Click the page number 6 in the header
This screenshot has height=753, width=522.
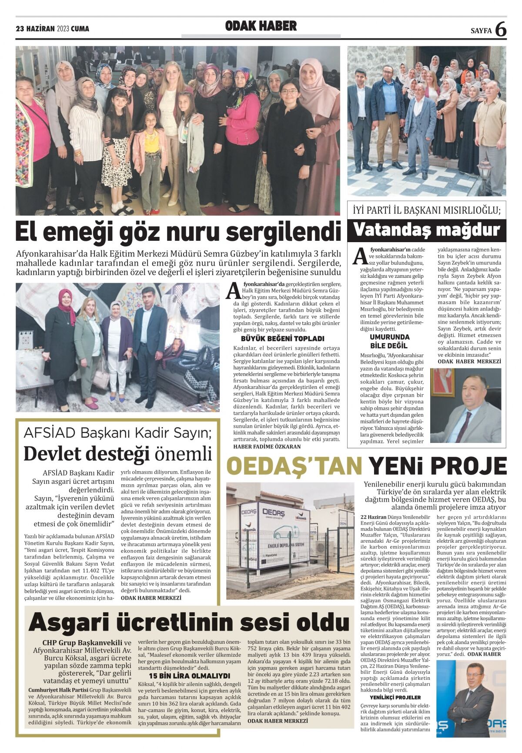[x=501, y=29]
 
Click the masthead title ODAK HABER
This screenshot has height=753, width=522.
[x=261, y=27]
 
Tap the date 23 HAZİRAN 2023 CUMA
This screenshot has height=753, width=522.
[x=52, y=29]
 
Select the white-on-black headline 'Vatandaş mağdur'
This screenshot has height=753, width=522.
[x=426, y=230]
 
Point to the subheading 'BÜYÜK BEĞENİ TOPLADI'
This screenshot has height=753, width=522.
[x=282, y=338]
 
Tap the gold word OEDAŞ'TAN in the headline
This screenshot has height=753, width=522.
[x=294, y=466]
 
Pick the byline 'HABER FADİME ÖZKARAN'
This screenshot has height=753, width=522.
[x=267, y=446]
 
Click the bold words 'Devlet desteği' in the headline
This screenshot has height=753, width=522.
[x=86, y=453]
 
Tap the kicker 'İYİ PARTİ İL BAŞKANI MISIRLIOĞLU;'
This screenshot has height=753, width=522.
[x=426, y=211]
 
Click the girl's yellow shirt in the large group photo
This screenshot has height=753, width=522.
[x=152, y=146]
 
